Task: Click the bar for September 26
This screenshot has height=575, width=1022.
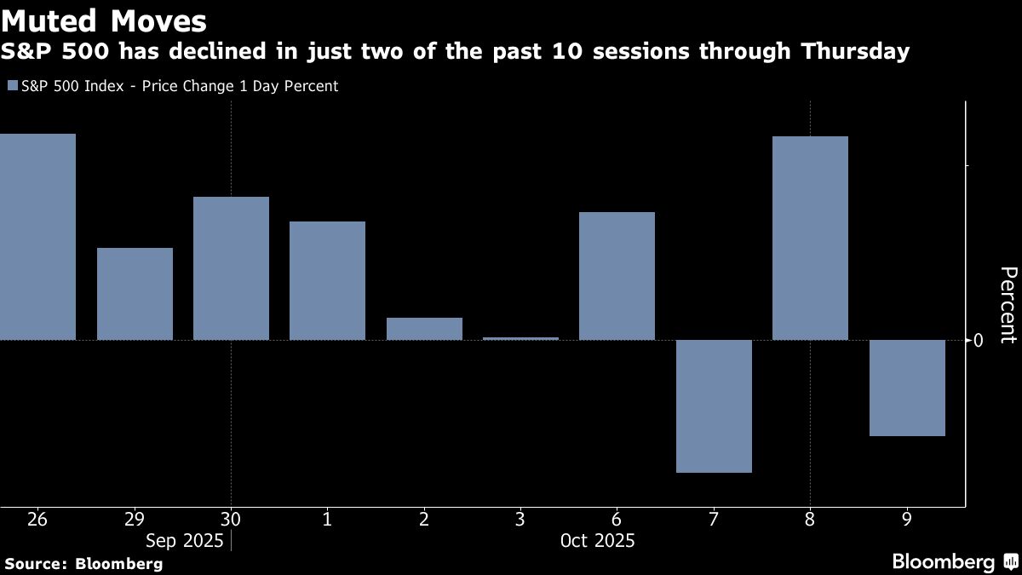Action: click(37, 237)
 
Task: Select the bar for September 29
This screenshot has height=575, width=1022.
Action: click(135, 294)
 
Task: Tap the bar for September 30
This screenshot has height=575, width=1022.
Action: click(231, 268)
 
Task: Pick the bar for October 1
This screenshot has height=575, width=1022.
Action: click(327, 281)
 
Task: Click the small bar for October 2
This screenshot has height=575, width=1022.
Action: click(424, 329)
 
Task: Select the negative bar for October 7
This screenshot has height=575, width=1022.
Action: click(714, 406)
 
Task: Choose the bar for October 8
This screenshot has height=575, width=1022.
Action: click(810, 239)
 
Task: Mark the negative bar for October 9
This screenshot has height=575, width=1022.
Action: click(907, 388)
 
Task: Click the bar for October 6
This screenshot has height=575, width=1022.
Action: click(617, 276)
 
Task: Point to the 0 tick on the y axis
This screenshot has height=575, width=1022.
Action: click(979, 340)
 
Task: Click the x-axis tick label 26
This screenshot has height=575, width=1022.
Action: click(37, 519)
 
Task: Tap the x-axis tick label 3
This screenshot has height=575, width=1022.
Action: click(520, 519)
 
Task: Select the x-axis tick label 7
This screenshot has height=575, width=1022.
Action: click(714, 519)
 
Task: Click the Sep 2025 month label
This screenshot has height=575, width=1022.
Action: click(184, 541)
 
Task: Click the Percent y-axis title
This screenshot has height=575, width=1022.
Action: click(1008, 304)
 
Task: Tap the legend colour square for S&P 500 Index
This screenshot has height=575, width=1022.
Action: click(11, 86)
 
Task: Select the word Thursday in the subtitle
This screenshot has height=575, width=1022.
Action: click(854, 52)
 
